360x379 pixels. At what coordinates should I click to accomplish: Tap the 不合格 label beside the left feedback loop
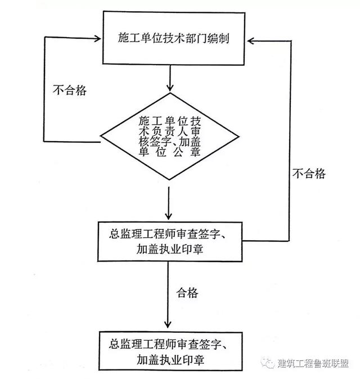click(70, 91)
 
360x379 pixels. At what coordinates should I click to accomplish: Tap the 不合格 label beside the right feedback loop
click(309, 174)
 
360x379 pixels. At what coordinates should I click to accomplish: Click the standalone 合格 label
click(187, 293)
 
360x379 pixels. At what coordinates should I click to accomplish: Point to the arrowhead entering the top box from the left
click(97, 38)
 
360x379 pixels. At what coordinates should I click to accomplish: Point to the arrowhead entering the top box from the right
click(251, 41)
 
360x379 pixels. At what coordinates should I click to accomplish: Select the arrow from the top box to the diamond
click(170, 78)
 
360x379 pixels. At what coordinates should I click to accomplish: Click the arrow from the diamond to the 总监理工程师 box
click(169, 204)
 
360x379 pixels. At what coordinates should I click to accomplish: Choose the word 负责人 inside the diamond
click(170, 132)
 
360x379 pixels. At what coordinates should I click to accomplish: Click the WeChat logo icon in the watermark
click(267, 363)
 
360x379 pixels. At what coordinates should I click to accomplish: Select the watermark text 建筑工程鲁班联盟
click(313, 363)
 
